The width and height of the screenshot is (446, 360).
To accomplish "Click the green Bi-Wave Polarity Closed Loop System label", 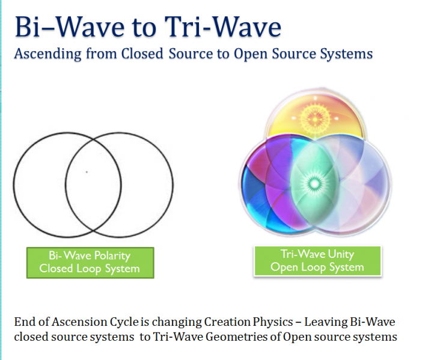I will (x=90, y=263).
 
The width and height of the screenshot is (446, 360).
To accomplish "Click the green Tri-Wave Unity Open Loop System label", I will (x=317, y=261).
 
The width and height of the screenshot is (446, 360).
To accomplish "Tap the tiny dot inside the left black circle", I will (x=87, y=172).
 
